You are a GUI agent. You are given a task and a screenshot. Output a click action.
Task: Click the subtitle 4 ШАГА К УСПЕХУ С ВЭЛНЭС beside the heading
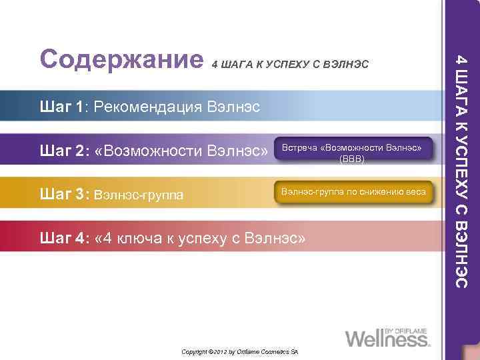[x=289, y=65]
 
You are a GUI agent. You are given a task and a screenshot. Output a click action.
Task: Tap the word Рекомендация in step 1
[x=149, y=107]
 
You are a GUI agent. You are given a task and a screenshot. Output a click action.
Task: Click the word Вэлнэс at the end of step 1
[x=233, y=107]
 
